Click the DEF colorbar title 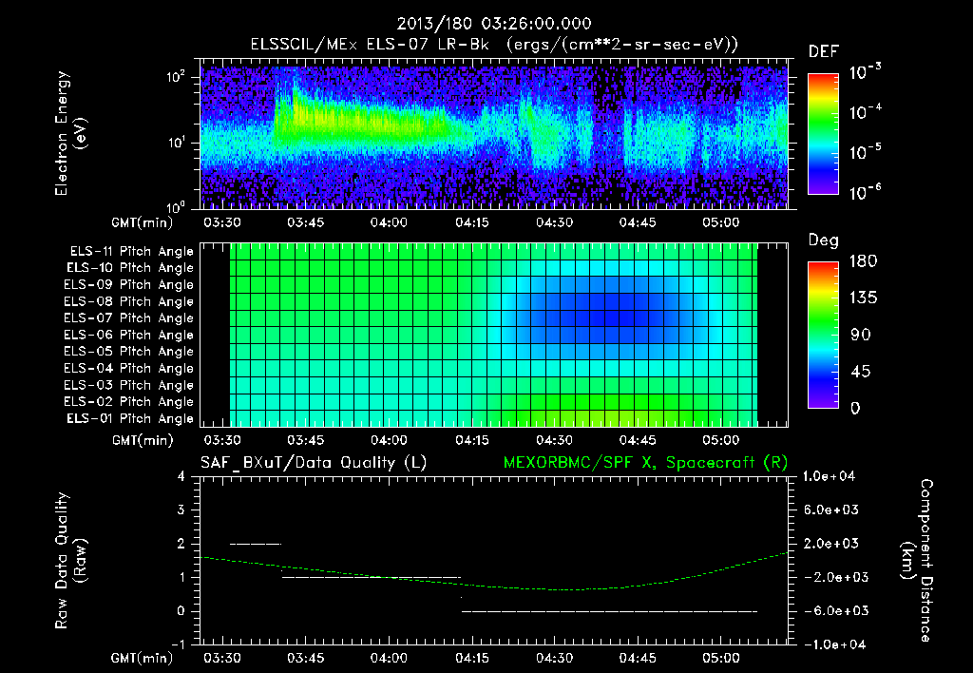click(x=823, y=52)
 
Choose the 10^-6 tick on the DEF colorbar click(x=866, y=193)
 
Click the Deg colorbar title click(x=823, y=240)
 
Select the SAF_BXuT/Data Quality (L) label click(x=313, y=462)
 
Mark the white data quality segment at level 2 click(x=256, y=544)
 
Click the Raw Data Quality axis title click(x=71, y=560)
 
